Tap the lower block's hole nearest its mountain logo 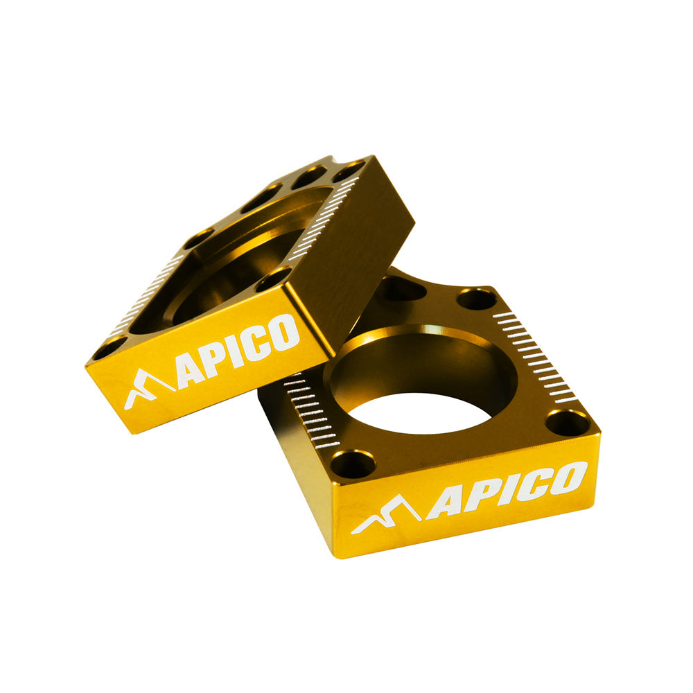pos(353,463)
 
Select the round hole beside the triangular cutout pos(477,299)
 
